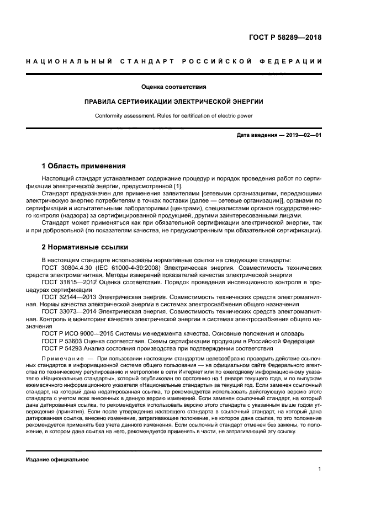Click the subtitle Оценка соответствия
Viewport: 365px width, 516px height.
[174, 87]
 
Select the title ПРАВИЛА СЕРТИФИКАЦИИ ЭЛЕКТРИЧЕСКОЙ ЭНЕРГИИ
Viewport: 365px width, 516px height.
[174, 102]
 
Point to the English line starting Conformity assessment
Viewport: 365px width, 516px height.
[174, 116]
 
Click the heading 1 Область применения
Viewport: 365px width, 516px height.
[84, 166]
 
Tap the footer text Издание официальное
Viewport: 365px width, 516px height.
[57, 459]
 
